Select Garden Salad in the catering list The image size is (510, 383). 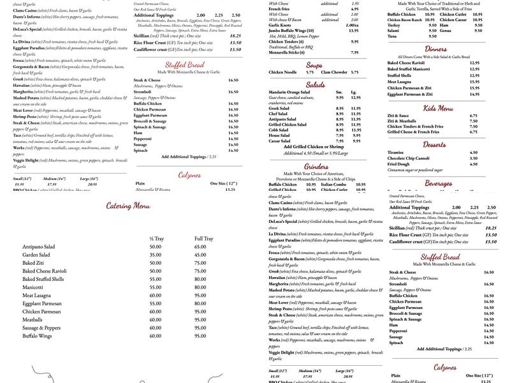click(40, 254)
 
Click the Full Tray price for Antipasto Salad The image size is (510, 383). click(200, 246)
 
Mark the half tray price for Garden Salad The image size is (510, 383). click(155, 254)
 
